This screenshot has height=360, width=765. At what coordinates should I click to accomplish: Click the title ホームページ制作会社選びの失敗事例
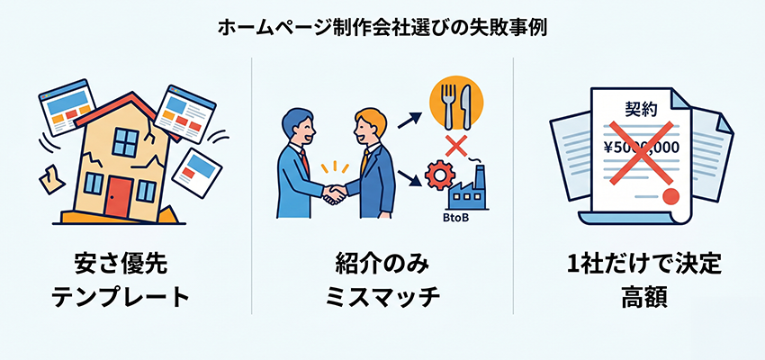pos(382,27)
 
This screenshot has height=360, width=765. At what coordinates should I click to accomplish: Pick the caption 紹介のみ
pos(382,265)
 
